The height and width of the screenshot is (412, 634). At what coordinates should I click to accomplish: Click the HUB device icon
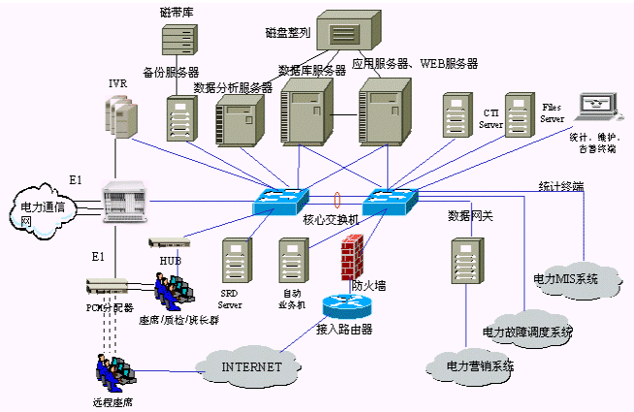pyautogui.click(x=167, y=242)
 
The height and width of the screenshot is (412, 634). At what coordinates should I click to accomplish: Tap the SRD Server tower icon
pyautogui.click(x=232, y=261)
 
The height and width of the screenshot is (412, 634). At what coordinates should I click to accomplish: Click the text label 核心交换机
pyautogui.click(x=330, y=220)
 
